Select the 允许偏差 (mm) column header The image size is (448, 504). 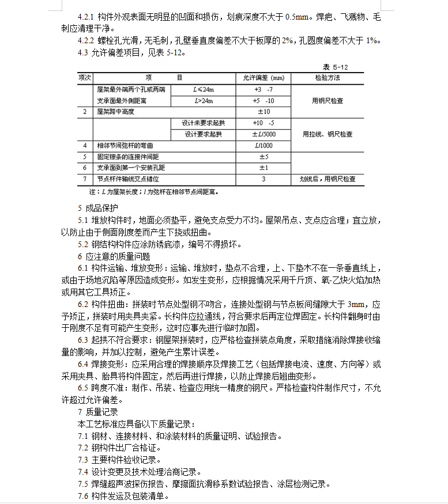[263, 78]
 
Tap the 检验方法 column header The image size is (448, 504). [327, 78]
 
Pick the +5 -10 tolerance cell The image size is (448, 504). [263, 101]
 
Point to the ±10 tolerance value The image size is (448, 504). [263, 112]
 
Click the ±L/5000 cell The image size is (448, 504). [263, 134]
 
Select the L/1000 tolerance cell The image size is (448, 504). [263, 146]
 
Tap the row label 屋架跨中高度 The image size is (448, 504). [115, 112]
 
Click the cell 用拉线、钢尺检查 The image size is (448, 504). [327, 134]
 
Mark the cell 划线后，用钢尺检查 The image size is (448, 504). [327, 179]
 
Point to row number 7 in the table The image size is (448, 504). [85, 179]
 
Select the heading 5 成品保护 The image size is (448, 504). [97, 208]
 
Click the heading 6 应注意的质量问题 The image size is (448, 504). [114, 256]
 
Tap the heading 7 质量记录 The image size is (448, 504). [97, 412]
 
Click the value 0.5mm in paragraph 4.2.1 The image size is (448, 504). [299, 17]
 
